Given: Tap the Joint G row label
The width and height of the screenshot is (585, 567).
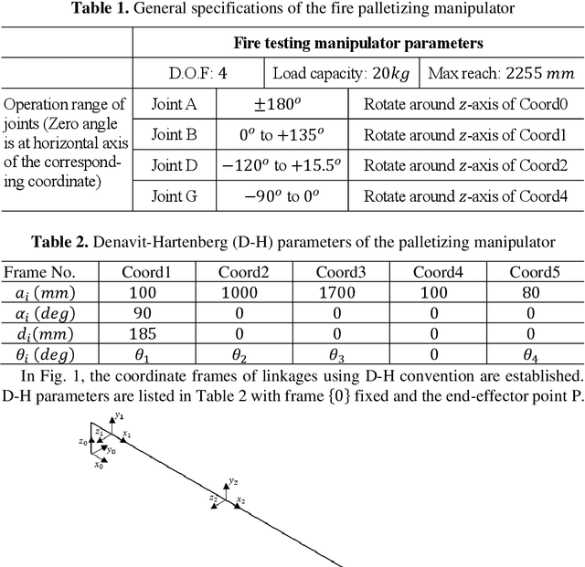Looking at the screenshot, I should pos(174,196).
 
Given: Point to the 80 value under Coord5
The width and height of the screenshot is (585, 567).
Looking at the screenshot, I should pos(536,293).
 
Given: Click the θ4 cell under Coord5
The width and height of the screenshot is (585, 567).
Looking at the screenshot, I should pos(536,353).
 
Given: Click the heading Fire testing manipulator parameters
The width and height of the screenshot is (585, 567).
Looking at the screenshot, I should pos(358,43).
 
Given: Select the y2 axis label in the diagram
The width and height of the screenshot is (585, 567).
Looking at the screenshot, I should pos(234,481).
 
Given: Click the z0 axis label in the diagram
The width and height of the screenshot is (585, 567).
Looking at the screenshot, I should pos(82,441).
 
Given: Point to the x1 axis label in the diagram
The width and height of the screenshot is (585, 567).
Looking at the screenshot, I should pos(127,435).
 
